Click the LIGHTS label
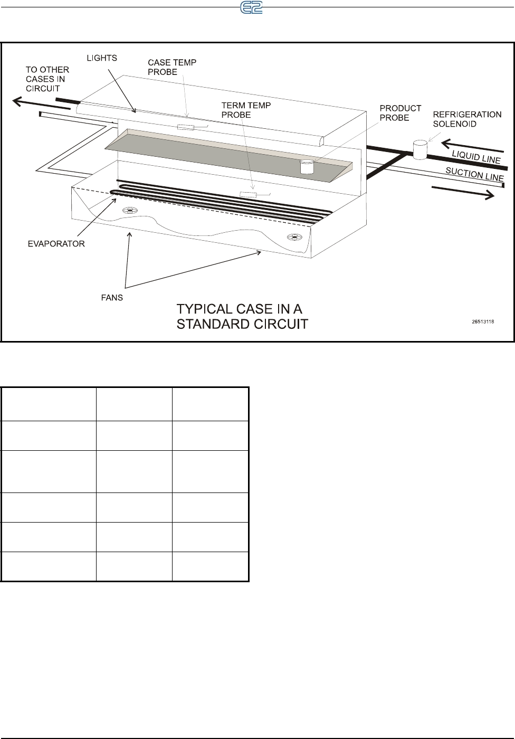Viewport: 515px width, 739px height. coord(102,58)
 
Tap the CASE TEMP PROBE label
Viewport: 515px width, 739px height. coord(171,67)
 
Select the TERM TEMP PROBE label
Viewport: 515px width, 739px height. coord(246,110)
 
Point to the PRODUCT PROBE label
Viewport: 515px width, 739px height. coord(400,113)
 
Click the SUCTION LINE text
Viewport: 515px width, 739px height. coord(474,174)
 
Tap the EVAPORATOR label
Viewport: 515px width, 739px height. coord(56,244)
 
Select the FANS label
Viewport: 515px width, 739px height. coord(111,298)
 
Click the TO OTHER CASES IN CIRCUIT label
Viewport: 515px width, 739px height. coord(47,79)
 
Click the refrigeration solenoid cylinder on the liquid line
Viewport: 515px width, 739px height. coord(420,149)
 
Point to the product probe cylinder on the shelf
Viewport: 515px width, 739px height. coord(307,167)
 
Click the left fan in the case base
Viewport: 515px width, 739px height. coord(129,211)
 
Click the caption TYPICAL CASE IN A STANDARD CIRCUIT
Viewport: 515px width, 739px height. coord(242,316)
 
